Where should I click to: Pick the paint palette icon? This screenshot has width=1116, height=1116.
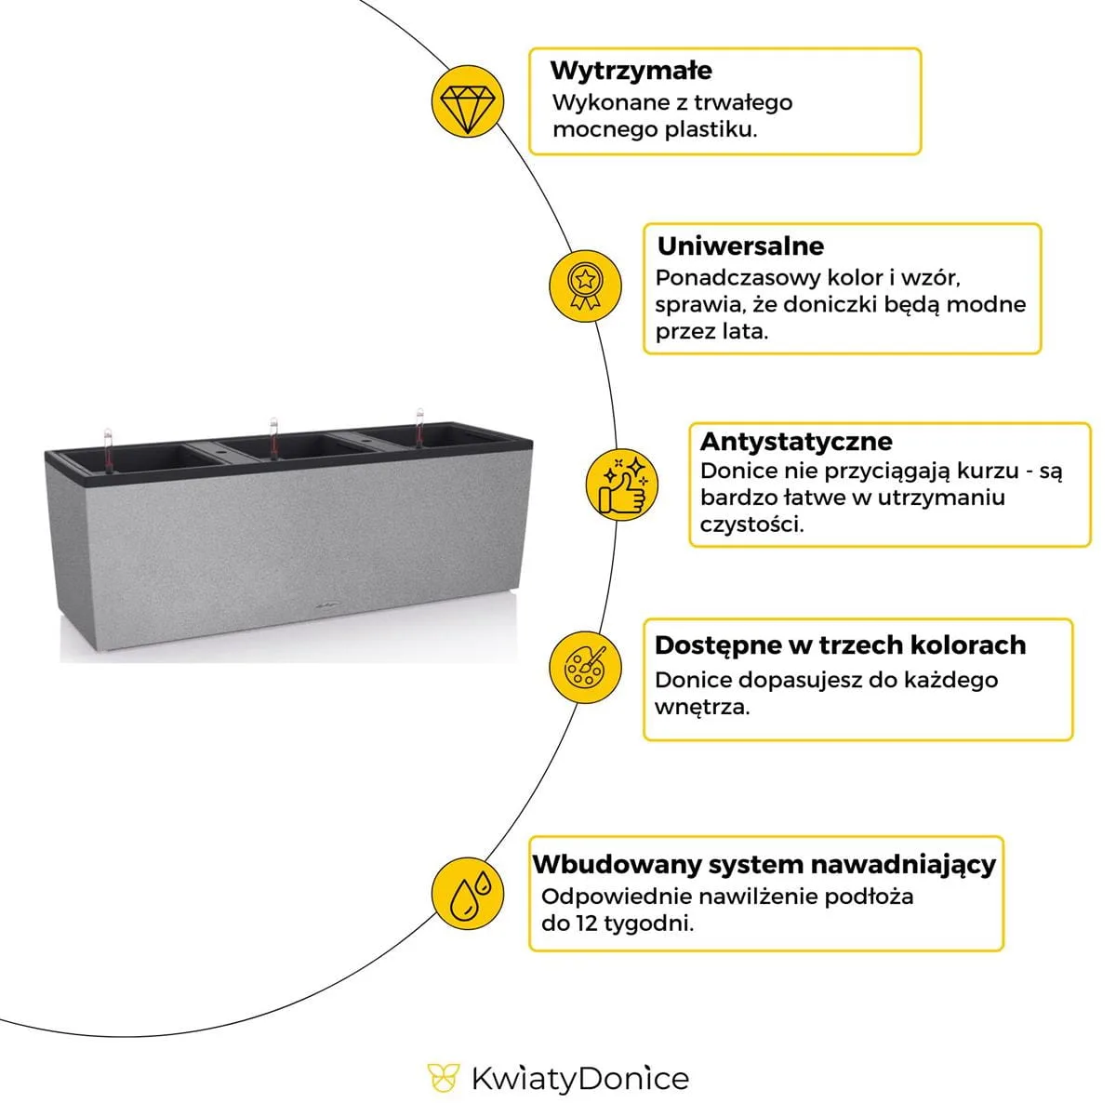pos(583,667)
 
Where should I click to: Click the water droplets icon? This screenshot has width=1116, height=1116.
pos(469,893)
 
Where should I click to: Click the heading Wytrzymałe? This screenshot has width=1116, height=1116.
pos(631,71)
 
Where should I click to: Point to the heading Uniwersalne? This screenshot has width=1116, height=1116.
pos(740,246)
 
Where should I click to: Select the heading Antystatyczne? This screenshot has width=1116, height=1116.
pos(795,442)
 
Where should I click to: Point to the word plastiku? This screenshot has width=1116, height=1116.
pos(711,129)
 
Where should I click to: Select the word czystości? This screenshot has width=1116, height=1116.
pos(751,525)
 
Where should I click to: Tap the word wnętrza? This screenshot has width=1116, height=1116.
pos(701,707)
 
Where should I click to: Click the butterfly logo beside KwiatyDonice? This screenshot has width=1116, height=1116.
pos(444,1079)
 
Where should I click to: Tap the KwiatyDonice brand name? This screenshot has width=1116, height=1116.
pos(580,1079)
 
